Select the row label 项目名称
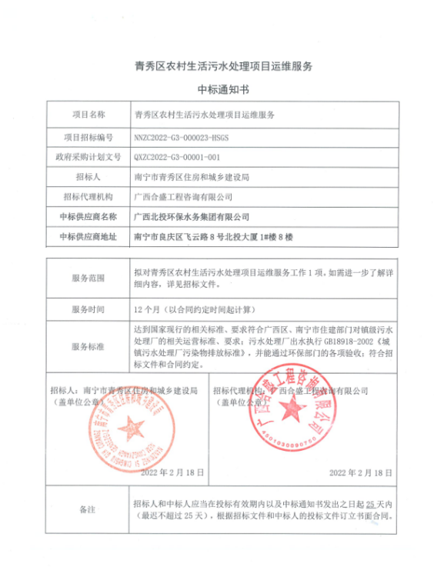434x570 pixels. pyautogui.click(x=88, y=115)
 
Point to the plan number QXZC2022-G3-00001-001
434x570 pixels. pyautogui.click(x=179, y=156)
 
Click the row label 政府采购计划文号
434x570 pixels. pyautogui.click(x=88, y=156)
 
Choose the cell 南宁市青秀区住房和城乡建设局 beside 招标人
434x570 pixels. pyautogui.click(x=192, y=177)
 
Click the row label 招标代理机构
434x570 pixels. pyautogui.click(x=88, y=197)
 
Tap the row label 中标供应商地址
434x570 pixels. pyautogui.click(x=88, y=237)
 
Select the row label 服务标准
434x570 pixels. pyautogui.click(x=88, y=347)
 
